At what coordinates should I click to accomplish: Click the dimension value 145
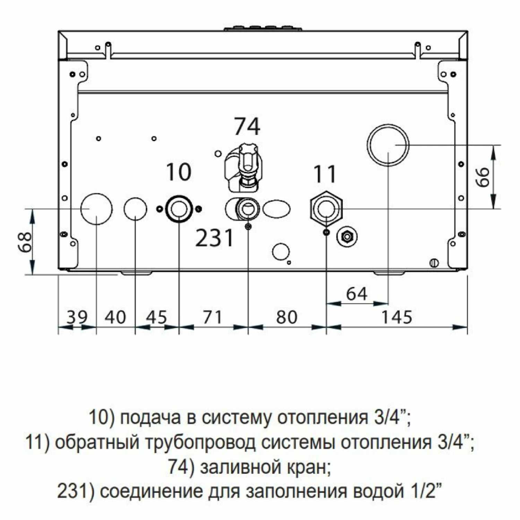(x=397, y=317)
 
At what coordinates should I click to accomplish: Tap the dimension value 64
(x=356, y=294)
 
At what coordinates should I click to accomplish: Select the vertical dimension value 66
(x=483, y=177)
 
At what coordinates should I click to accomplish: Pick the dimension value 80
(x=287, y=317)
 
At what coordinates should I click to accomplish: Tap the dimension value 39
(x=77, y=317)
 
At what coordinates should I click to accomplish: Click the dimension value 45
(x=156, y=317)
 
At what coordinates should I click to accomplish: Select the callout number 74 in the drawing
(x=247, y=127)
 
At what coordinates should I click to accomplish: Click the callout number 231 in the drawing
(x=215, y=238)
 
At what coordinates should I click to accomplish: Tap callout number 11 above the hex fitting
(x=325, y=174)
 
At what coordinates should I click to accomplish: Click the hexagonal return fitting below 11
(x=326, y=209)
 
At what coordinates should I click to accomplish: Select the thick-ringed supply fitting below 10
(x=179, y=209)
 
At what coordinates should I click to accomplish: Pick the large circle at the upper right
(x=388, y=145)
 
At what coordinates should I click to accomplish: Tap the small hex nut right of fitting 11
(x=347, y=237)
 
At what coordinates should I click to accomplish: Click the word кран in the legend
(x=309, y=468)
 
